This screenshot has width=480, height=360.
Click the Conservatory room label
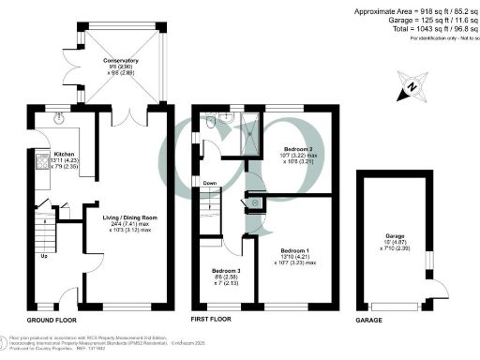pos(105,67)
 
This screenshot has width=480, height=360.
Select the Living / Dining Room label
pos(129,217)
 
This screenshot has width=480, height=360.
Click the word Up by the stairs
pos(44,255)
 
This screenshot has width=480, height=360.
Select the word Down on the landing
pos(210,183)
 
